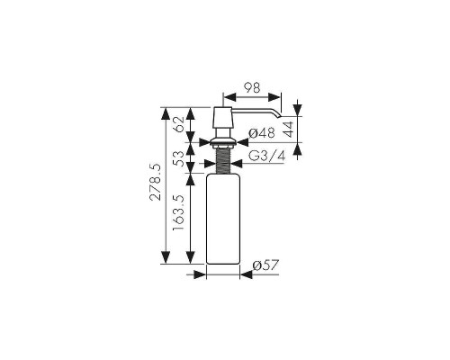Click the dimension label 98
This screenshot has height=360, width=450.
[252, 87]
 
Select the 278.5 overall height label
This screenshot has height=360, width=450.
[156, 182]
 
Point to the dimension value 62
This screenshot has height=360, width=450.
[178, 124]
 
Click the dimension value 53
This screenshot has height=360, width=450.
[178, 158]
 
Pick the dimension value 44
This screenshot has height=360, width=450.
[288, 130]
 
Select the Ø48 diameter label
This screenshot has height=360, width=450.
[262, 133]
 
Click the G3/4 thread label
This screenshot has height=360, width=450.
[266, 156]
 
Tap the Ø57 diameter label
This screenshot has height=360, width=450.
[265, 265]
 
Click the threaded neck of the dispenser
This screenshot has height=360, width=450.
[223, 161]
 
